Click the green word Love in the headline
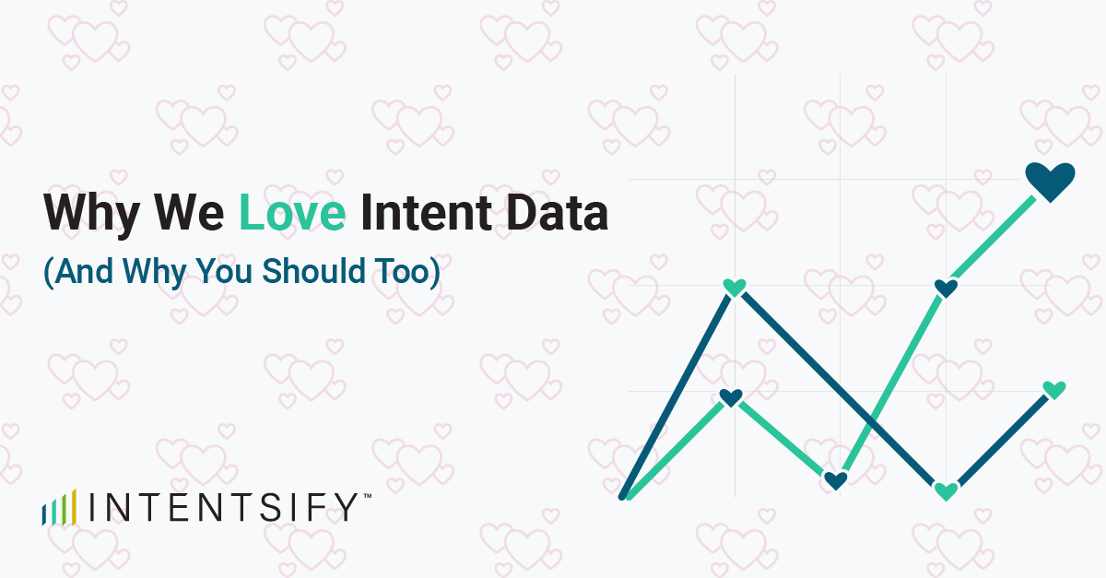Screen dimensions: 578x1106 click(x=292, y=213)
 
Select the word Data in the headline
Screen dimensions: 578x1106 click(x=552, y=213)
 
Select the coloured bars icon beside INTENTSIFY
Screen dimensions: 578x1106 click(x=59, y=509)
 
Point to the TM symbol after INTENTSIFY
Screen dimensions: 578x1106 click(x=367, y=497)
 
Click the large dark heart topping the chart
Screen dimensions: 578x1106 click(x=1051, y=181)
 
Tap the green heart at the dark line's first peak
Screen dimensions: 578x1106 click(x=735, y=288)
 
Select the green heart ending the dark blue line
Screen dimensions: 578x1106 click(x=1053, y=390)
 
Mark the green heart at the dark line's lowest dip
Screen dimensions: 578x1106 click(x=946, y=490)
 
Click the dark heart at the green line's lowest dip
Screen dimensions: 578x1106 click(x=835, y=480)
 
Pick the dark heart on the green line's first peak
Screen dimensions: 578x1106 click(x=731, y=398)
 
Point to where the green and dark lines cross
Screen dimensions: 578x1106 click(x=869, y=420)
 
